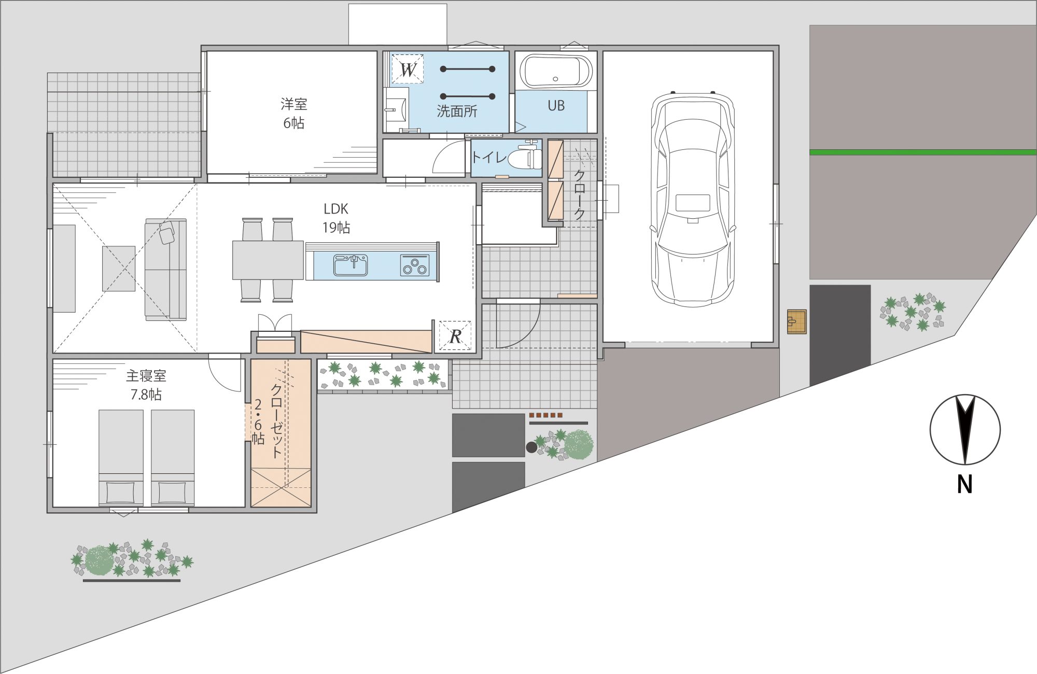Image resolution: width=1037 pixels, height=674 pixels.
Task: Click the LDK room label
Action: pos(336,209)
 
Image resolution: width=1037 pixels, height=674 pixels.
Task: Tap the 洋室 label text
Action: pos(294,104)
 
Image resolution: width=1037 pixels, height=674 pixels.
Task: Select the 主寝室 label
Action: pos(146,375)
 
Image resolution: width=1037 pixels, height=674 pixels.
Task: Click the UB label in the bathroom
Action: pos(556,106)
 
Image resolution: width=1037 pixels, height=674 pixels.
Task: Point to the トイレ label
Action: pos(488,157)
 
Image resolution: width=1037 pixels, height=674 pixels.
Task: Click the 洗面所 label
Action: pos(457,111)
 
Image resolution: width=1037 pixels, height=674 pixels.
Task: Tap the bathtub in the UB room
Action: pos(555,72)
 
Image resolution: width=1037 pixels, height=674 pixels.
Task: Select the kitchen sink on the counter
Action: pos(351,265)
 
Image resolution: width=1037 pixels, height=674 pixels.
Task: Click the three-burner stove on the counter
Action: pos(415,265)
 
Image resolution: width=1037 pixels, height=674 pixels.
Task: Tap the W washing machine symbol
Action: pos(408,69)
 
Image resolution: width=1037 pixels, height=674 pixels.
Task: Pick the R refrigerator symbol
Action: pos(455,335)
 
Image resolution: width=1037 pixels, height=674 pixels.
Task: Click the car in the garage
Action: pos(693,199)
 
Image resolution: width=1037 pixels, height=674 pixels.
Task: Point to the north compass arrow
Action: pos(965,430)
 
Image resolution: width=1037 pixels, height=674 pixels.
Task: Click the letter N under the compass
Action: pos(964,484)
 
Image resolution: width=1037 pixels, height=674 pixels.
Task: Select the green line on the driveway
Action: pos(923,152)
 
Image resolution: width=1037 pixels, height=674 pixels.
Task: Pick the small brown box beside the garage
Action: pos(797,321)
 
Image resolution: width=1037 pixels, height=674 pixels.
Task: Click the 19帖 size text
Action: pos(336,227)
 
